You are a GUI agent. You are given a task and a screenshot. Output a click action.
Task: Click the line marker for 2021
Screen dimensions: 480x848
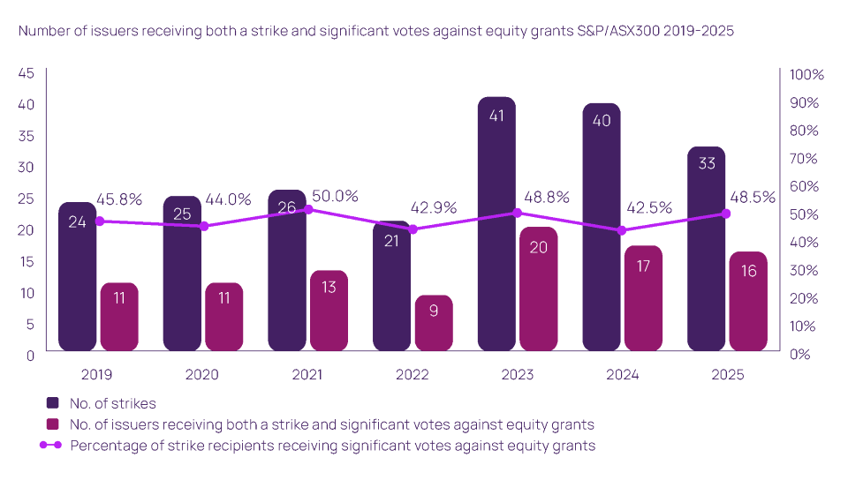(308, 210)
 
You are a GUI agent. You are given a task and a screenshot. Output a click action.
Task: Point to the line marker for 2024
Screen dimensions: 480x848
(622, 230)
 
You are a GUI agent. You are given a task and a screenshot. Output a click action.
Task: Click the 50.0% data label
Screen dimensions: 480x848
(335, 196)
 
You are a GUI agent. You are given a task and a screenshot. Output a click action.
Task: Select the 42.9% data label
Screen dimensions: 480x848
(434, 208)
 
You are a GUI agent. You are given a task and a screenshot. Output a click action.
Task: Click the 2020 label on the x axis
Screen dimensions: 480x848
(201, 374)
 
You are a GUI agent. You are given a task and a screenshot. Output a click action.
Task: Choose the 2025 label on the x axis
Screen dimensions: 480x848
(727, 374)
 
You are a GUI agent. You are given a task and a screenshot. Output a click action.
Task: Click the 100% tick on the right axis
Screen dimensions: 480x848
(806, 75)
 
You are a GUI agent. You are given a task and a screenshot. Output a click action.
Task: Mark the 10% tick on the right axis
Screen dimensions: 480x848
(804, 326)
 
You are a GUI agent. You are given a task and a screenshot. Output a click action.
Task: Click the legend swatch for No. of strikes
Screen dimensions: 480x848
(54, 403)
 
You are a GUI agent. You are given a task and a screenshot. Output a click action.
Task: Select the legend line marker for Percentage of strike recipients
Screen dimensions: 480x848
(54, 446)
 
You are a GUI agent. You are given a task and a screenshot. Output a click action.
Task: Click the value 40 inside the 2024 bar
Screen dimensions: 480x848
(602, 121)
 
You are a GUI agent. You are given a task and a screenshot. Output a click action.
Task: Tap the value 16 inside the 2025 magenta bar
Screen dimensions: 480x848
(748, 271)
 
